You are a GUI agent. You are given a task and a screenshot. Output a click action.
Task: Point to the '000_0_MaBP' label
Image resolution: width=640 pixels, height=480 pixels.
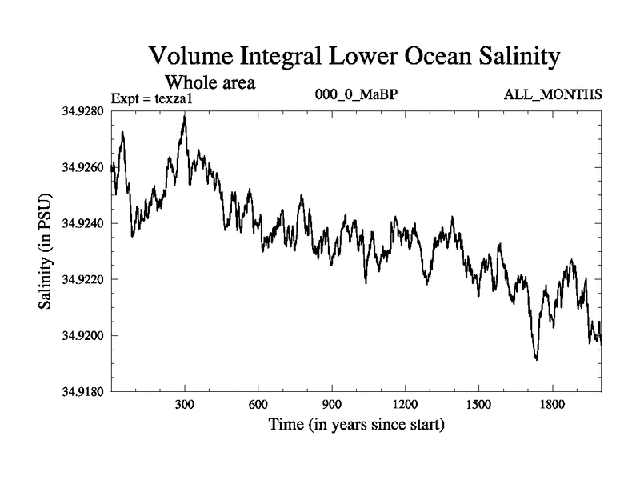357,94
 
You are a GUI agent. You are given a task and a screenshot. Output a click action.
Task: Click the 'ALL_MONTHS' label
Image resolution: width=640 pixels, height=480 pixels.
552,94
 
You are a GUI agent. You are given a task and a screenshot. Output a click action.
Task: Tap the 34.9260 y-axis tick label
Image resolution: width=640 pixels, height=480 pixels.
81,168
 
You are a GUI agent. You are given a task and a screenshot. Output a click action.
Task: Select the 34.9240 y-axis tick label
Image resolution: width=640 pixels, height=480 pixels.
81,224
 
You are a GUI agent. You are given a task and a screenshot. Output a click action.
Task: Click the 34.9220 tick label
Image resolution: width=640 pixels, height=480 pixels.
81,280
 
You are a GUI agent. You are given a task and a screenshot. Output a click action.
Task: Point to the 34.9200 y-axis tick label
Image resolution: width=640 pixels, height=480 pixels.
81,336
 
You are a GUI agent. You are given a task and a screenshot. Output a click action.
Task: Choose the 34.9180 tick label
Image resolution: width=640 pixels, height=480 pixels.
81,392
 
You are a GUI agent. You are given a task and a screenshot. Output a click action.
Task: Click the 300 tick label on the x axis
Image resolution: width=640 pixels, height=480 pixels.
185,405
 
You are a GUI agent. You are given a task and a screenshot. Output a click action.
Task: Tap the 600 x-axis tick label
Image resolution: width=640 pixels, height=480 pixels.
258,405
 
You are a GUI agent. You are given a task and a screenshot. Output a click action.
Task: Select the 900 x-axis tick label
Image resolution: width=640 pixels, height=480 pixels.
332,405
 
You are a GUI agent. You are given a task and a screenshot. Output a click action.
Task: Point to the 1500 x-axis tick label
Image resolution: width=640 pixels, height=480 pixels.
478,405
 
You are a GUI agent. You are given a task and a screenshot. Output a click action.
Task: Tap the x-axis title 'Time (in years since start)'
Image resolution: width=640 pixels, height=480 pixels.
357,424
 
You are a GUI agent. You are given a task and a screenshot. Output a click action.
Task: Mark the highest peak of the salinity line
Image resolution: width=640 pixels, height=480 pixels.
185,116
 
